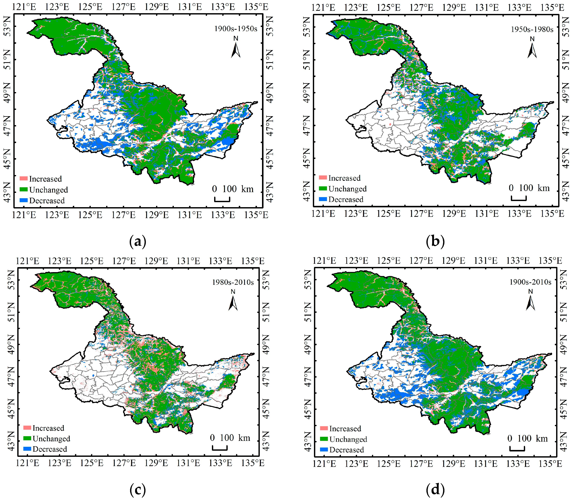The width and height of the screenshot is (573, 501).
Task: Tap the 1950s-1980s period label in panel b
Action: coord(532,29)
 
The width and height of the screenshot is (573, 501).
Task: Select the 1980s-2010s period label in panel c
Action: coord(233,282)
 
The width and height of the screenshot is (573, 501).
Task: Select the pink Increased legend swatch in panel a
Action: coord(24,178)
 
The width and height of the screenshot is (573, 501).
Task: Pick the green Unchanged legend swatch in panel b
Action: coord(323,188)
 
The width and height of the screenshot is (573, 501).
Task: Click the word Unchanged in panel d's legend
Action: coord(348,439)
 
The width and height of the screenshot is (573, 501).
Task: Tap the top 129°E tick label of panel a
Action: coord(157,7)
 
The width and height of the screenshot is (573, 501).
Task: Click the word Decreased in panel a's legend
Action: coord(47,201)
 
